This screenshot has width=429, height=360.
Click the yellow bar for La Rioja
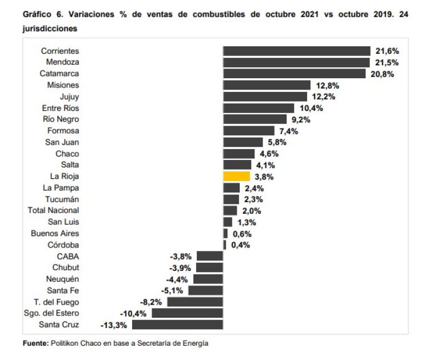pyautogui.click(x=236, y=177)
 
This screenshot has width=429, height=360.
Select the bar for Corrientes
pyautogui.click(x=297, y=51)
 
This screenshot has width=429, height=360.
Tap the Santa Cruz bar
pyautogui.click(x=177, y=325)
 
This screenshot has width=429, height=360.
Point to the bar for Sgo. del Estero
pyautogui.click(x=187, y=313)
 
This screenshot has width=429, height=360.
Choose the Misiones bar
pyautogui.click(x=267, y=85)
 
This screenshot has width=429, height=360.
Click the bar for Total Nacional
pyautogui.click(x=229, y=210)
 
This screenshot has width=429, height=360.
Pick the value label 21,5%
pyautogui.click(x=386, y=62)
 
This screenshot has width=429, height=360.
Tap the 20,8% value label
pyautogui.click(x=382, y=74)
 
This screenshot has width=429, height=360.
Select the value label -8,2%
pyautogui.click(x=150, y=302)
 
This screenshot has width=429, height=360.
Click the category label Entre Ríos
pyautogui.click(x=61, y=108)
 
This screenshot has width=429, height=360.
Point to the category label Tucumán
pyautogui.click(x=62, y=199)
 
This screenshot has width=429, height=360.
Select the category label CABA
pyautogui.click(x=68, y=256)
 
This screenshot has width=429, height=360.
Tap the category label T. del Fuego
pyautogui.click(x=56, y=302)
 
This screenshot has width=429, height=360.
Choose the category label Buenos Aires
pyautogui.click(x=55, y=233)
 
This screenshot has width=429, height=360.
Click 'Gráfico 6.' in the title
pyautogui.click(x=42, y=15)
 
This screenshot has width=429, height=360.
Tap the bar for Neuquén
pyautogui.click(x=208, y=279)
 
